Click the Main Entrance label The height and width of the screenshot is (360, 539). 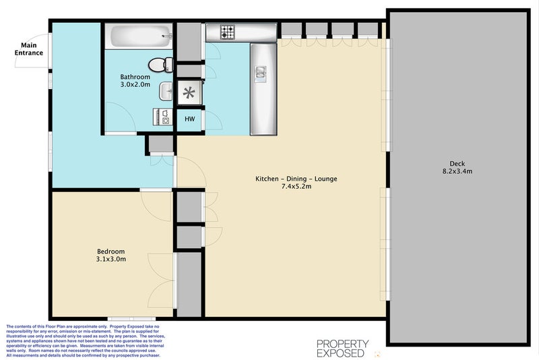pyautogui.click(x=28, y=49)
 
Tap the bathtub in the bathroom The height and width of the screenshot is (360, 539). pyautogui.click(x=139, y=36)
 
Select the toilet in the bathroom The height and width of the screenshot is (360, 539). pyautogui.click(x=160, y=65)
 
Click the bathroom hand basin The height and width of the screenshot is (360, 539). pyautogui.click(x=166, y=91)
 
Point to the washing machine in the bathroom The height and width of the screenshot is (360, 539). pyautogui.click(x=162, y=117)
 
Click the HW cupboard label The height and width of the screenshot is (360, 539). pyautogui.click(x=190, y=119)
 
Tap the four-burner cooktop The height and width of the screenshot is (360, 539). pyautogui.click(x=227, y=32)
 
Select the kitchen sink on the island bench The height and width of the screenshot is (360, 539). pyautogui.click(x=260, y=74)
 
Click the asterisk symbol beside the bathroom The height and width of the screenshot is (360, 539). pyautogui.click(x=189, y=93)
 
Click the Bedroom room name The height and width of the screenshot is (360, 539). pyautogui.click(x=110, y=251)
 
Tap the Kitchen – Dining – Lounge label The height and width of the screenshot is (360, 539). pyautogui.click(x=296, y=179)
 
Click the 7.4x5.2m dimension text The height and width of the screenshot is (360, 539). pyautogui.click(x=296, y=187)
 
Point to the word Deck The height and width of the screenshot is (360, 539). pyautogui.click(x=457, y=164)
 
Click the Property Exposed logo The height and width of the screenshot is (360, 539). pyautogui.click(x=343, y=349)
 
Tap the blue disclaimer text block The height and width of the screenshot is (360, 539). pyautogui.click(x=86, y=340)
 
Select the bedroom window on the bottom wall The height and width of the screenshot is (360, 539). pyautogui.click(x=131, y=319)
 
